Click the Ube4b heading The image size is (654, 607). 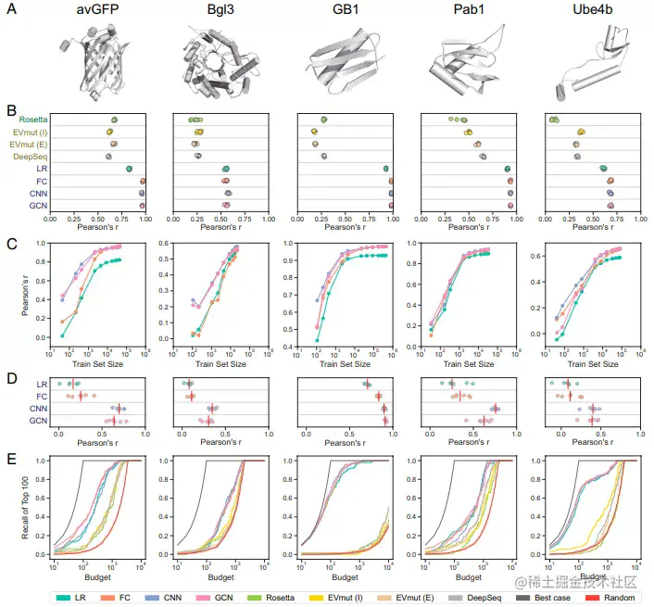tap(592, 12)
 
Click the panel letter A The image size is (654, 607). tap(12, 14)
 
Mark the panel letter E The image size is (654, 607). tap(12, 457)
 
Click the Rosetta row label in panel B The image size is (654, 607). tap(33, 120)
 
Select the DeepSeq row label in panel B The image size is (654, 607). tap(31, 157)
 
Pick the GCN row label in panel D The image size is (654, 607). tap(39, 421)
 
